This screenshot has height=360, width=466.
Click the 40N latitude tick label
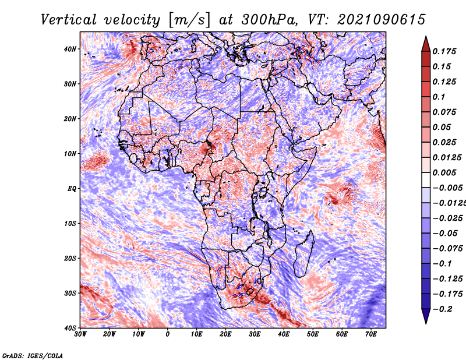coord(70,49)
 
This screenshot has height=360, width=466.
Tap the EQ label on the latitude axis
coord(72,189)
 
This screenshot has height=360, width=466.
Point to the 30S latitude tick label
coord(70,293)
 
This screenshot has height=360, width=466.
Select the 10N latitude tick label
coord(70,154)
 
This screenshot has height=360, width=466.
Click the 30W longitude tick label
coord(80,334)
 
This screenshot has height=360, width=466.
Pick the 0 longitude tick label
coord(168,334)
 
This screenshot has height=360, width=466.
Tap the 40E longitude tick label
coord(284,334)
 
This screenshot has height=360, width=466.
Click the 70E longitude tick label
coord(371,334)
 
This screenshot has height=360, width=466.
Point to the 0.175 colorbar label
coord(444,51)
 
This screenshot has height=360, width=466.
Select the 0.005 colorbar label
coord(444,172)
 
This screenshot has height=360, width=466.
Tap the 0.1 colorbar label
coord(439,97)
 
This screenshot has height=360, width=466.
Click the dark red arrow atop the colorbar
coord(426,44)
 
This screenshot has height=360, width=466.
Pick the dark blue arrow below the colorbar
coord(426,316)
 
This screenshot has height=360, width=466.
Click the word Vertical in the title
coord(68,20)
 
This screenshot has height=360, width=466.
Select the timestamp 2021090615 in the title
coord(382,20)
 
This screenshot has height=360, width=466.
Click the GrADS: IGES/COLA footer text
coord(33,356)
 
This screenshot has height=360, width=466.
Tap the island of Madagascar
coord(304,253)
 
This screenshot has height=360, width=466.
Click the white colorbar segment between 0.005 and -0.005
coord(426,180)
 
